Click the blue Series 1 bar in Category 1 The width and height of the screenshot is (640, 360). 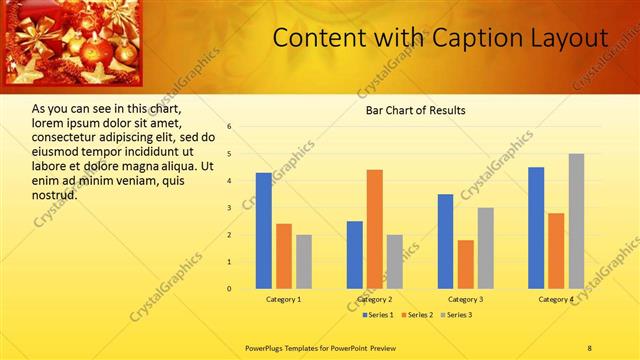point(263,231)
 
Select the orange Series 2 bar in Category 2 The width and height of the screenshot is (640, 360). point(375,229)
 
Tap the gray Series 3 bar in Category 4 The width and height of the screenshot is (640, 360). point(576,221)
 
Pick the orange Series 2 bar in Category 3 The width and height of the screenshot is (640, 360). point(466,264)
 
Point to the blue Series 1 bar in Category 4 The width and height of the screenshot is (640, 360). point(536,228)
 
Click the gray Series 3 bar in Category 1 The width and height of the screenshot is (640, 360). point(304,262)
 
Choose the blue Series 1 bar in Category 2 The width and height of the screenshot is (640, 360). point(355,255)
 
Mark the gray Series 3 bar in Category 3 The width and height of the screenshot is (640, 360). point(486,248)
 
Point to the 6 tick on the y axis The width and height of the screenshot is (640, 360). point(230,127)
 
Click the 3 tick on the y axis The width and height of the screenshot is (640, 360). point(230,208)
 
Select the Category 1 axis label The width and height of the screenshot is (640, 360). point(284,299)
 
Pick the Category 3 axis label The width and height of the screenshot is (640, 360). point(466,299)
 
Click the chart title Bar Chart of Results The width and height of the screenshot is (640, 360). point(415,110)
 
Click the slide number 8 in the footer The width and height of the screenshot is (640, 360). point(589,348)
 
